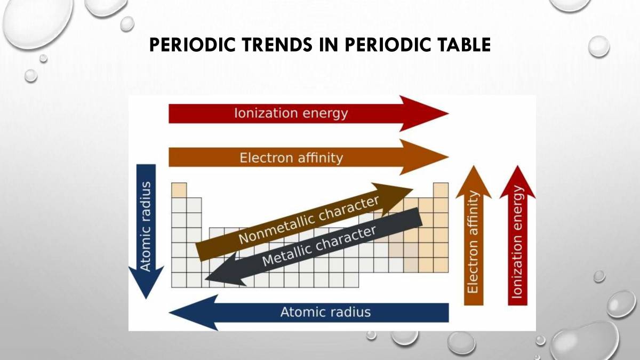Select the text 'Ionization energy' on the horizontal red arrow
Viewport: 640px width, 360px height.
[x=291, y=113]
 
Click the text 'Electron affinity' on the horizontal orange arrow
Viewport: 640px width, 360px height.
[x=291, y=158]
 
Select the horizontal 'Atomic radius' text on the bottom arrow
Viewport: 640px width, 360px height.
[x=325, y=312]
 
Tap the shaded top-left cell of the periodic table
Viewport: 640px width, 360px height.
[x=179, y=190]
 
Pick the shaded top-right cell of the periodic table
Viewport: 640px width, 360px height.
[x=441, y=190]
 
